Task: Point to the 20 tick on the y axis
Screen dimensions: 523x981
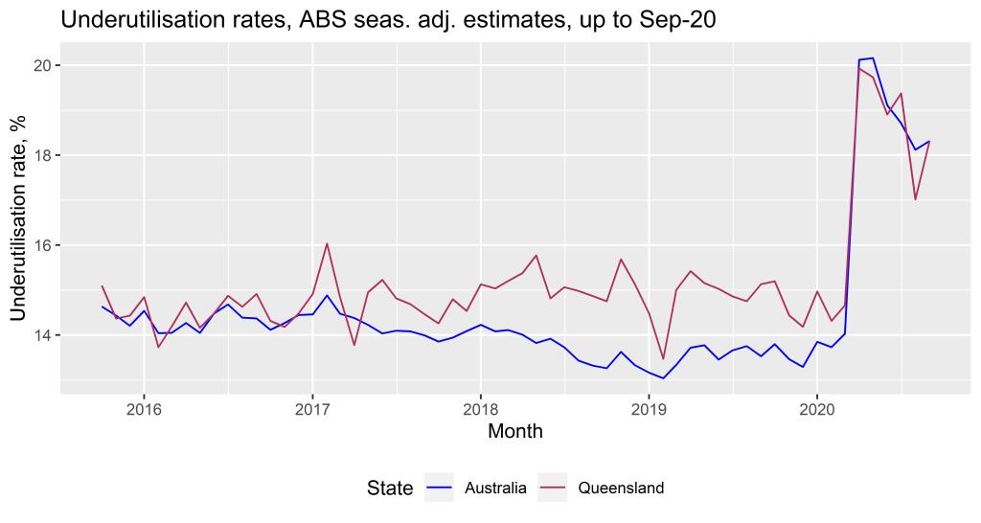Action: click(x=42, y=65)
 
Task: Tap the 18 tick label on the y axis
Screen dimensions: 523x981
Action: click(x=42, y=155)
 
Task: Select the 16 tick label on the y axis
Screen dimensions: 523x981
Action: click(x=42, y=245)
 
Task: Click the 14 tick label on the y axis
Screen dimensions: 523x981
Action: click(x=42, y=335)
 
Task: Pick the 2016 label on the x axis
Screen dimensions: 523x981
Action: click(x=144, y=410)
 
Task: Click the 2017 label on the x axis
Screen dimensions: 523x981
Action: click(x=312, y=410)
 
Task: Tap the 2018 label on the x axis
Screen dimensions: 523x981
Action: click(x=481, y=410)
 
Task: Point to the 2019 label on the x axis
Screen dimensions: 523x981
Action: click(x=649, y=410)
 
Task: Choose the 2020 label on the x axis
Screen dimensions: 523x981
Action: click(x=817, y=410)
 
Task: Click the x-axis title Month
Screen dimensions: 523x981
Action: click(x=515, y=432)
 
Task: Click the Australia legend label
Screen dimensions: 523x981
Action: click(x=495, y=489)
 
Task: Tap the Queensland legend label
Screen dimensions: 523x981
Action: click(x=621, y=489)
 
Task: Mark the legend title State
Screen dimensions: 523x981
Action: click(x=390, y=489)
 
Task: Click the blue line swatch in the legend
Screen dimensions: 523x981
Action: click(x=440, y=489)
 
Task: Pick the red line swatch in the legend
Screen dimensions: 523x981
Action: click(x=555, y=489)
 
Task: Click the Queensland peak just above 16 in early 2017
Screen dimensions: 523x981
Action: click(x=327, y=243)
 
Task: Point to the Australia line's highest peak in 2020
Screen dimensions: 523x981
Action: click(x=873, y=58)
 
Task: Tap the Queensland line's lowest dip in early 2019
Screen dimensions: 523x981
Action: click(x=663, y=358)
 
